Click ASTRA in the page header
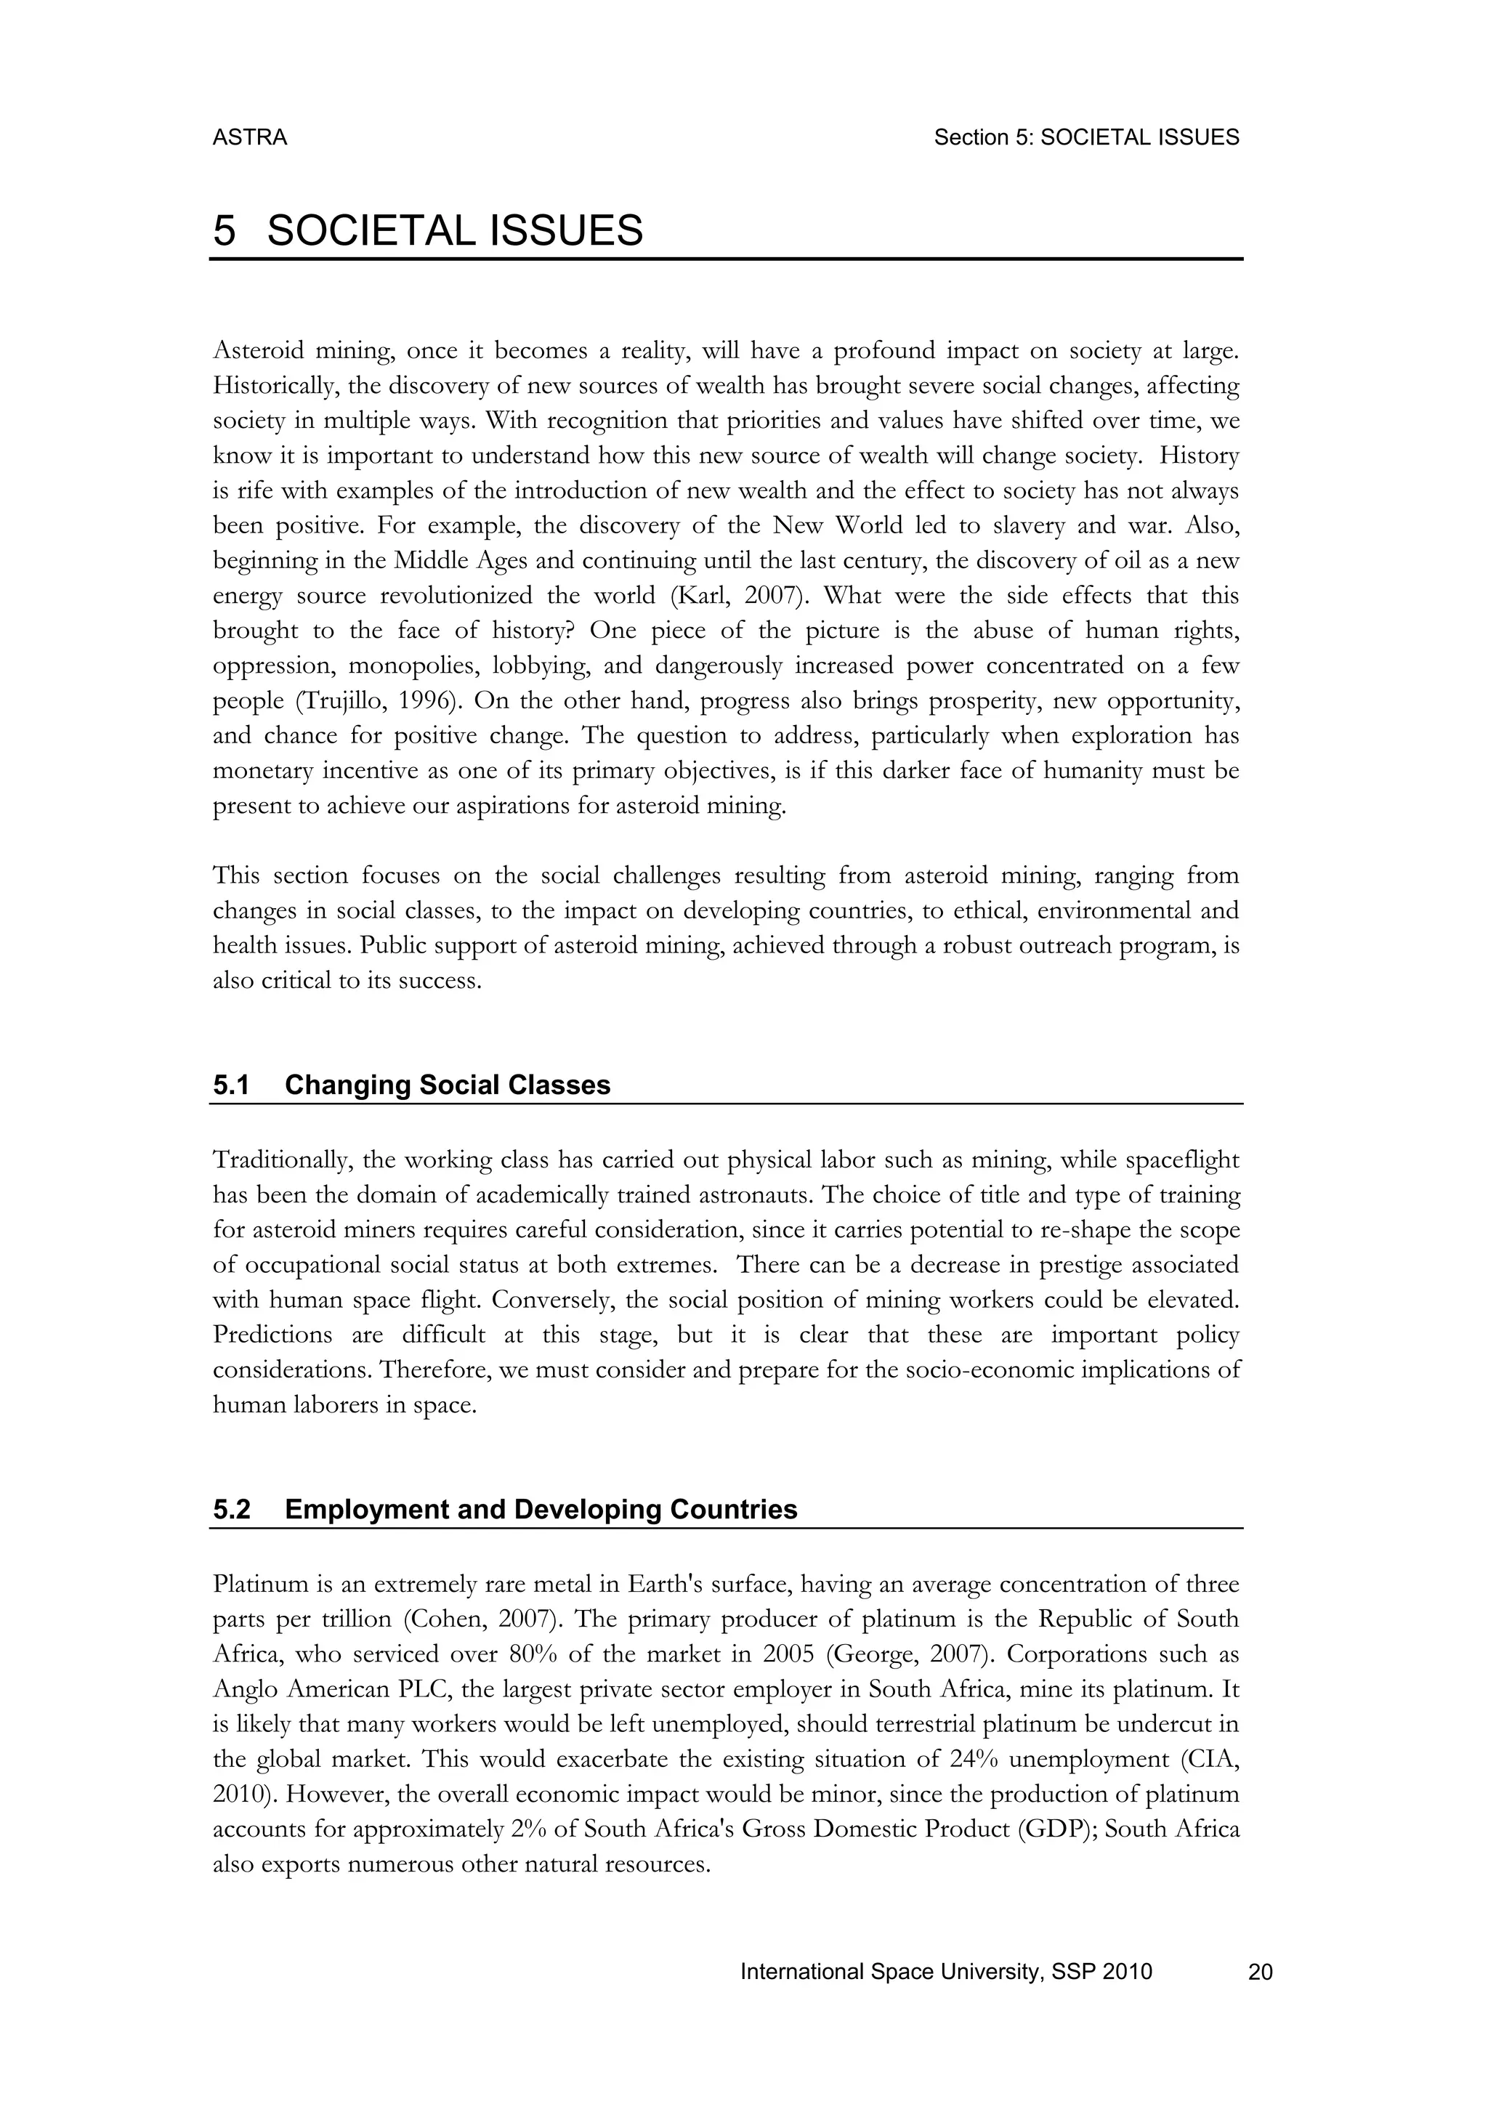tap(249, 137)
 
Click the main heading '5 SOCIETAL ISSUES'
tap(428, 230)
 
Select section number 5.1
tap(231, 1085)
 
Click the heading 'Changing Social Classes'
tap(447, 1085)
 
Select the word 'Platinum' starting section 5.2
tap(256, 1585)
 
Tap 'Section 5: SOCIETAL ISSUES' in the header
tap(1085, 137)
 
